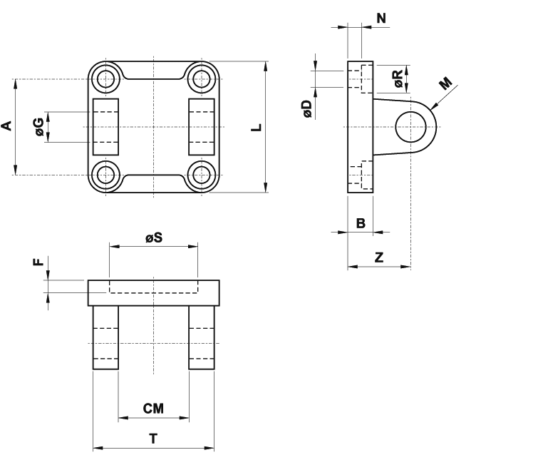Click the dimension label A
7,126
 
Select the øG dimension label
40,127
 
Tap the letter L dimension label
257,128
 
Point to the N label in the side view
381,18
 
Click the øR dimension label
398,79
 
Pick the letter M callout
445,83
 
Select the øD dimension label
307,109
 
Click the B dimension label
361,223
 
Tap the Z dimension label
379,257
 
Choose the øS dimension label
154,237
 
